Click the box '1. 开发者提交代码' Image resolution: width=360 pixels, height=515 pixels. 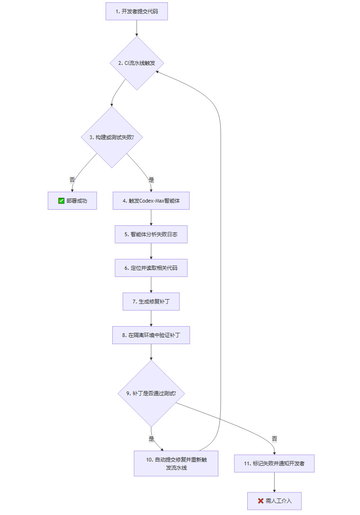(136, 11)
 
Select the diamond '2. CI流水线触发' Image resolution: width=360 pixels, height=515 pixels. (137, 63)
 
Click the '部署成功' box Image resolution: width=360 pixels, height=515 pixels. (72, 201)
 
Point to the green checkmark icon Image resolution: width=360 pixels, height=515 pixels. (61, 201)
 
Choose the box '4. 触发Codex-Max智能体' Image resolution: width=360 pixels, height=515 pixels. (151, 201)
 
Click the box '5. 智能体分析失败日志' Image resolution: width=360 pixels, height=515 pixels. (151, 234)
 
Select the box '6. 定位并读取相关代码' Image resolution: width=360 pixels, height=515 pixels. (151, 268)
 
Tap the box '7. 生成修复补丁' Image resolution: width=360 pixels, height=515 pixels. (151, 301)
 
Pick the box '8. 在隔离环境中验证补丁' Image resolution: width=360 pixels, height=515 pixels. (151, 335)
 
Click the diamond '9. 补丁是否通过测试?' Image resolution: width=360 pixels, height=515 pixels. (151, 393)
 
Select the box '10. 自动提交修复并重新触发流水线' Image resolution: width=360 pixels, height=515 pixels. (176, 463)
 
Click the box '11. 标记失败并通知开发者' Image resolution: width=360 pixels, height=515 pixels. (274, 463)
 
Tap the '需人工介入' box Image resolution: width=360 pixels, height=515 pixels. (274, 501)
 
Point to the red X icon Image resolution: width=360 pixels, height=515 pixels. (261, 501)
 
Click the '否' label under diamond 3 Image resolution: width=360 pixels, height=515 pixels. (72, 180)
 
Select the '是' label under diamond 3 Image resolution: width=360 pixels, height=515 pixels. (151, 180)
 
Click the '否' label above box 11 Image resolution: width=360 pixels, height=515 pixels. (274, 439)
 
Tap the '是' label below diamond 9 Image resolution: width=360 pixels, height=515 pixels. (151, 439)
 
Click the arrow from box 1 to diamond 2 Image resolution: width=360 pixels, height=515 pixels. (136, 28)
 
